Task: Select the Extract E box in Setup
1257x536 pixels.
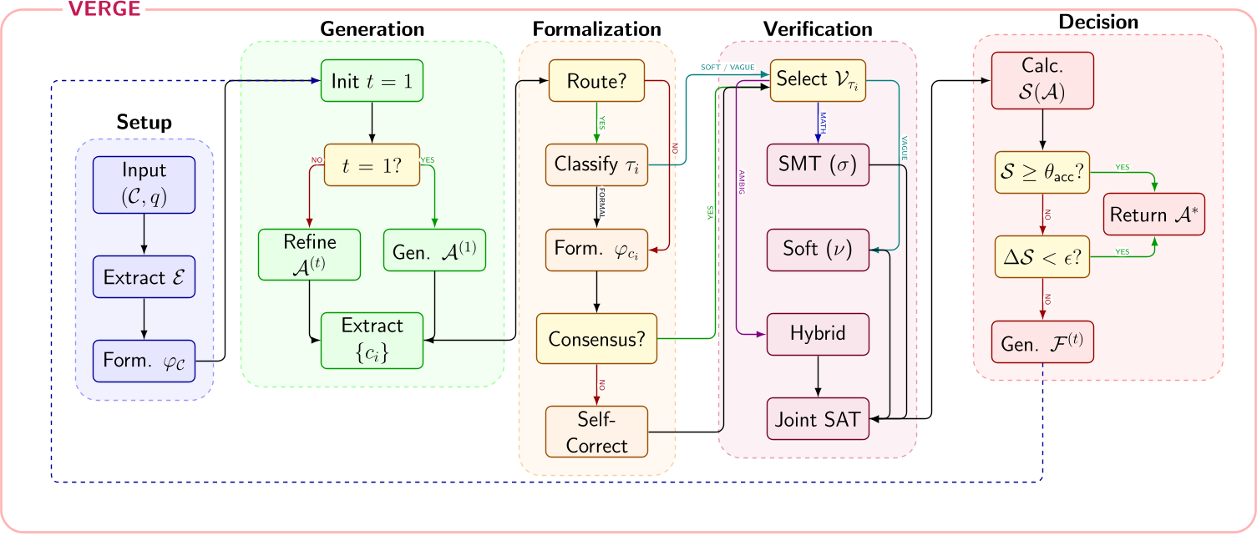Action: (144, 277)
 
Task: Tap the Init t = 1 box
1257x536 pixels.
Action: (371, 81)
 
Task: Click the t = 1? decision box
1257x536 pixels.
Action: (371, 164)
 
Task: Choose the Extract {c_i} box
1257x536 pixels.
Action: (372, 340)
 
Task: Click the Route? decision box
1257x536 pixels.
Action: (596, 81)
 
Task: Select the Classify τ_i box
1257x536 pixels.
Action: (596, 164)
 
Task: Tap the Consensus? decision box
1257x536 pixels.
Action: (596, 339)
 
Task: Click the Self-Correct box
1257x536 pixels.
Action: (596, 431)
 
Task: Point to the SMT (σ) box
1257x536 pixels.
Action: (818, 164)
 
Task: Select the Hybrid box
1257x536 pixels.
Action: (818, 333)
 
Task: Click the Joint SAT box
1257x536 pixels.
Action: (818, 419)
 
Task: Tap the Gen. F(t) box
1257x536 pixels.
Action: (1042, 341)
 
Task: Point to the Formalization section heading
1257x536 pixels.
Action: (596, 28)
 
